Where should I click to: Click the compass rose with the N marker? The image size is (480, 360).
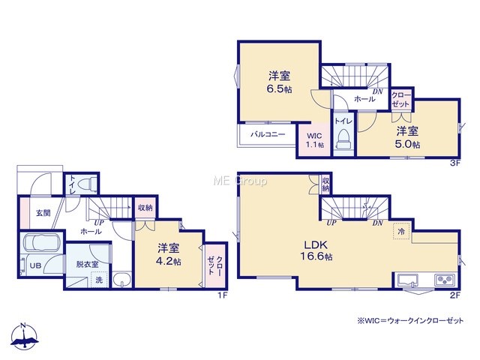click(x=24, y=336)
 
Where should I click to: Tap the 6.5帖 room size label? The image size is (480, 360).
click(x=279, y=89)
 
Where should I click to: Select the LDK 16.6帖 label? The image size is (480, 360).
click(x=316, y=250)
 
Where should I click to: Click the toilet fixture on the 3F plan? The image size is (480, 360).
click(x=343, y=139)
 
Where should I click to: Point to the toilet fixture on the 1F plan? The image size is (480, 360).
click(x=87, y=184)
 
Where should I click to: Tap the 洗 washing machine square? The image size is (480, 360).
click(x=99, y=280)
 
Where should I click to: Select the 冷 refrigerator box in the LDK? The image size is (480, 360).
click(x=401, y=232)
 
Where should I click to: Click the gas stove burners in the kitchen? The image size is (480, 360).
click(x=444, y=280)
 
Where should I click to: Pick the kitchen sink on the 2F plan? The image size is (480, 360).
click(x=408, y=280)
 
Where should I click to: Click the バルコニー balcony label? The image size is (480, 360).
click(x=268, y=134)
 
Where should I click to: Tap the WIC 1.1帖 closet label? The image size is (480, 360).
click(x=315, y=140)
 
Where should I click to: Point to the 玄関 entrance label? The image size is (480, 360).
click(x=43, y=212)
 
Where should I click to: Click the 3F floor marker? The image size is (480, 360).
click(x=455, y=163)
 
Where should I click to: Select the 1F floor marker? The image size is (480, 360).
click(x=223, y=295)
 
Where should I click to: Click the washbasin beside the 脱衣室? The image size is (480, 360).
click(x=121, y=280)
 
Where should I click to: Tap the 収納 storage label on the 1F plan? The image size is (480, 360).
click(x=145, y=208)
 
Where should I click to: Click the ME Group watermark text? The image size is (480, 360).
click(x=240, y=181)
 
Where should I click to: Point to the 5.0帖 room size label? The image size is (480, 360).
click(x=407, y=144)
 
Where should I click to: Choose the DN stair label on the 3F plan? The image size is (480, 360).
click(x=377, y=91)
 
